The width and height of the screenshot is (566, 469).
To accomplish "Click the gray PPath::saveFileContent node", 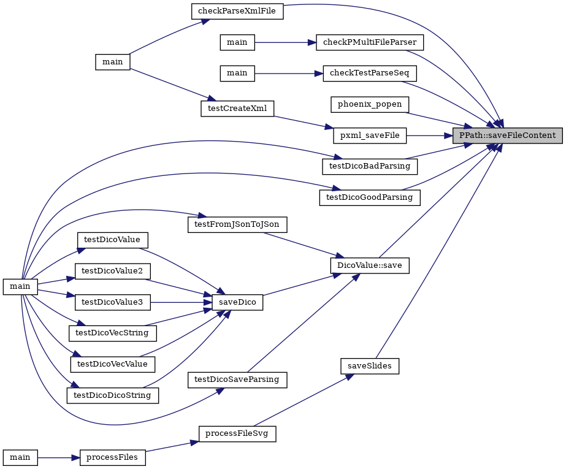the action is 508,135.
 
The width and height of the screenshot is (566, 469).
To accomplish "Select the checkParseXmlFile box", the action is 237,11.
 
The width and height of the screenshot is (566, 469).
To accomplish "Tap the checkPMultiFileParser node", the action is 370,42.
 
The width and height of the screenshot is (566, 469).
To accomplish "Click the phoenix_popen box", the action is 370,104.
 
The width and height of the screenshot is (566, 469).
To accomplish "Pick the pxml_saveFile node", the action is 370,135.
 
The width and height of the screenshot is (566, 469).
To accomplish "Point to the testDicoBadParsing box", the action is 370,166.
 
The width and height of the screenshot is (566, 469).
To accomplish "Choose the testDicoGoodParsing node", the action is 370,197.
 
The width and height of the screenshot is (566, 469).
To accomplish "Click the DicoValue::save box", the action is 370,265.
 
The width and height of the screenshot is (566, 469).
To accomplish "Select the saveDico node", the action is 237,302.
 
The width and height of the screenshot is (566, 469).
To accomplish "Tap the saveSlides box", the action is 370,366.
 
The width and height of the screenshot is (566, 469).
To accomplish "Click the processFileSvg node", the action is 237,433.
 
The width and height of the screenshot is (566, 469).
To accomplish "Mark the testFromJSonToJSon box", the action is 237,224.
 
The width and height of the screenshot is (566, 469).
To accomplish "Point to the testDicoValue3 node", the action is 112,302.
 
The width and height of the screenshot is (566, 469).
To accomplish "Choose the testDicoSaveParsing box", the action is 237,379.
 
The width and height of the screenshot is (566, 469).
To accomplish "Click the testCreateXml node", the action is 237,109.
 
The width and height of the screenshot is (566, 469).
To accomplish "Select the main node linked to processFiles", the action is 20,457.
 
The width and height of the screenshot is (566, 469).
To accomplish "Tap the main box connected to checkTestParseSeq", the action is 237,73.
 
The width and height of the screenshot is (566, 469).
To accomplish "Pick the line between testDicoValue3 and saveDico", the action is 181,302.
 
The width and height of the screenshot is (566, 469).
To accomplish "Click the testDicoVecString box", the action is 112,334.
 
